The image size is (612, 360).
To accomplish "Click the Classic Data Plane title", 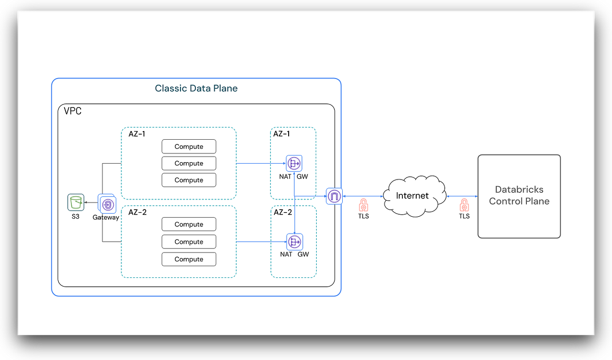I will pos(196,88).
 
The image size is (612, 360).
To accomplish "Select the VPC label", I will pos(72,111).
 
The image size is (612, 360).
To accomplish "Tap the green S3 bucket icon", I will pos(76,202).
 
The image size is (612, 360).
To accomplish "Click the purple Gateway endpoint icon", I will pos(108,204).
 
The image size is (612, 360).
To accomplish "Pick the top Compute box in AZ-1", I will pos(189,146).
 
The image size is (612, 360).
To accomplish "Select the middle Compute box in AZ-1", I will pos(189,163).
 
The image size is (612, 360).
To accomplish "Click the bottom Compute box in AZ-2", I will pos(189,259).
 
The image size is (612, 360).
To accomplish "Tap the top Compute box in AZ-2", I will pos(189,224).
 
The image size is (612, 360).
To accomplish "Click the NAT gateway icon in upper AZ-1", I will pos(294,163).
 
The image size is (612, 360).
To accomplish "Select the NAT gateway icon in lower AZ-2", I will pos(294,242).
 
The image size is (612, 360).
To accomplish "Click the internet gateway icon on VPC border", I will pos(334,196).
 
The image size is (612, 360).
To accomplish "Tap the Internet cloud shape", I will pos(412,195).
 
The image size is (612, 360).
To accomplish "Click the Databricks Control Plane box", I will pos(519,196).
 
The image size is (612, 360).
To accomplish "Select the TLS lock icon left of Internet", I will pos(363,205).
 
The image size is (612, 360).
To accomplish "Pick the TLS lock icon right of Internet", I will pos(464,205).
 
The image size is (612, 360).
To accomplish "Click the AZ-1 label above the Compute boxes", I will pos(137,134).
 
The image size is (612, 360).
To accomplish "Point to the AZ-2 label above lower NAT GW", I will pos(283,212).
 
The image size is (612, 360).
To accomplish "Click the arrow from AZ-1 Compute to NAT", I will pos(260,163).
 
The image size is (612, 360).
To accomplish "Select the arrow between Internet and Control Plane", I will pos(462,196).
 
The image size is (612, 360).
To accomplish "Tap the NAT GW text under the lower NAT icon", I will pos(294,254).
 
